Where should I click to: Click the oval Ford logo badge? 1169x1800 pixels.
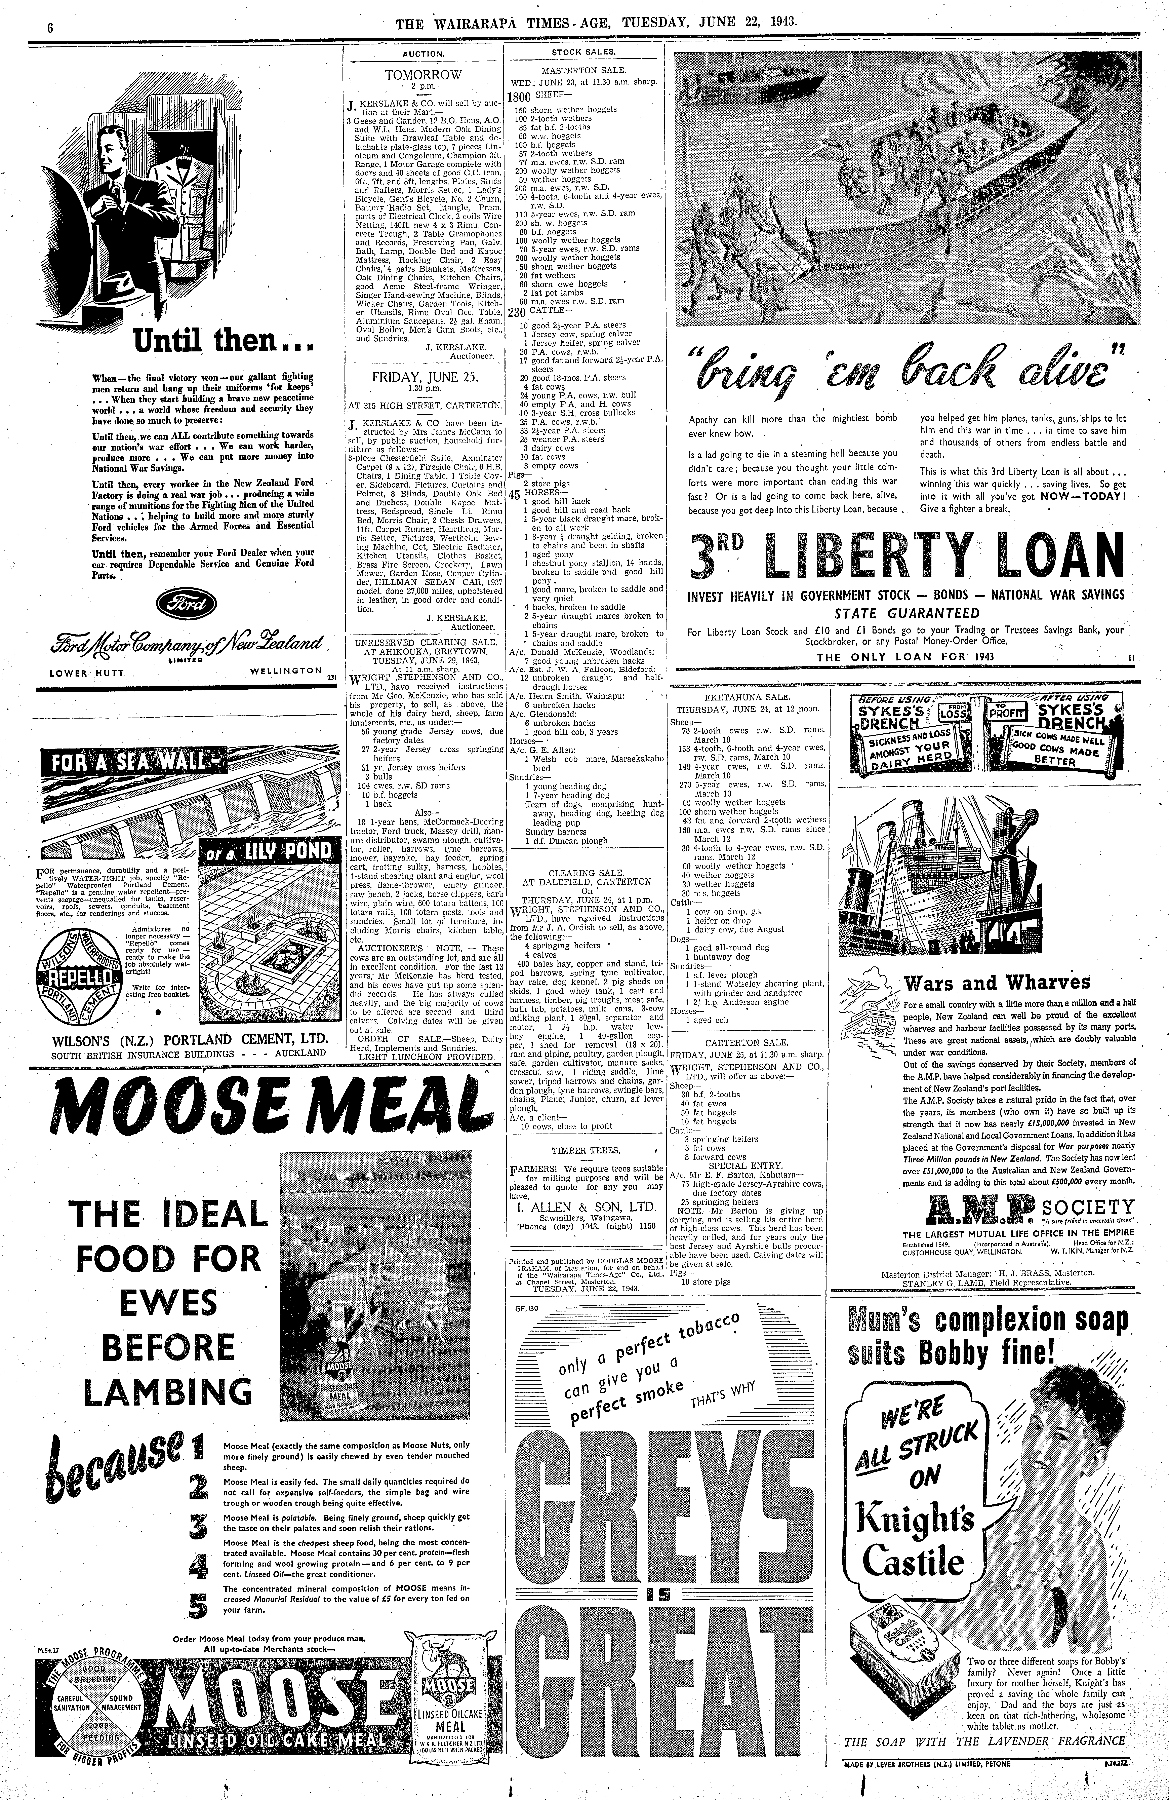(185, 603)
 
